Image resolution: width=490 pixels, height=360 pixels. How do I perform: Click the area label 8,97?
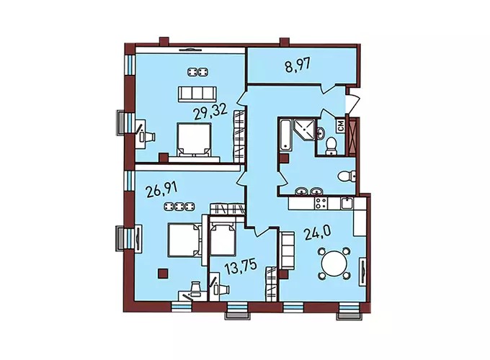pyautogui.click(x=298, y=66)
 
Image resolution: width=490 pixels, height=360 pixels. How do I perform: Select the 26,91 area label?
pyautogui.click(x=162, y=189)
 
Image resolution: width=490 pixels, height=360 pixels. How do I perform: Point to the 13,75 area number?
pyautogui.click(x=241, y=267)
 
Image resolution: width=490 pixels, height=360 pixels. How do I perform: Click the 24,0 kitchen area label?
pyautogui.click(x=318, y=233)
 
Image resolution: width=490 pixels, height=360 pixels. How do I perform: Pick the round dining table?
pyautogui.click(x=334, y=263)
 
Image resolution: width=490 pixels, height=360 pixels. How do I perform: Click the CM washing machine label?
pyautogui.click(x=342, y=126)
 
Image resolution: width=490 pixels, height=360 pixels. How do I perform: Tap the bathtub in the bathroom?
pyautogui.click(x=285, y=134)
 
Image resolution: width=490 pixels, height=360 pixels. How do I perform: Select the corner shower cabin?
pyautogui.click(x=304, y=130)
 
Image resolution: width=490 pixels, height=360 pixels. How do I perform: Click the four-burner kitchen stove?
pyautogui.click(x=321, y=204)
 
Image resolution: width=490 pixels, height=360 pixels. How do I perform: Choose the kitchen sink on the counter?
pyautogui.click(x=347, y=204)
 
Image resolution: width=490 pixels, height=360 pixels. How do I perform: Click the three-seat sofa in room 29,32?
pyautogui.click(x=197, y=94)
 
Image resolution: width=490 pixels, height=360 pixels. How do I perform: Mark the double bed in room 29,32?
pyautogui.click(x=194, y=140)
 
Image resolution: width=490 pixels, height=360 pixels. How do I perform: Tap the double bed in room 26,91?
pyautogui.click(x=184, y=239)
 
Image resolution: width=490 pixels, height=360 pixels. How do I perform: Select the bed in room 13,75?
pyautogui.click(x=222, y=238)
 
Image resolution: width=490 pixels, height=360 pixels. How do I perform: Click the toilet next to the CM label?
pyautogui.click(x=330, y=146)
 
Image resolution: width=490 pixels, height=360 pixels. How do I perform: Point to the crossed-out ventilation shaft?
pyautogui.click(x=352, y=137)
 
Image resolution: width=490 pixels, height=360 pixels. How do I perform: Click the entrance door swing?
pyautogui.click(x=352, y=100)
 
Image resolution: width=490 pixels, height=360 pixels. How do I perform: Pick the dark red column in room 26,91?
pyautogui.click(x=163, y=274)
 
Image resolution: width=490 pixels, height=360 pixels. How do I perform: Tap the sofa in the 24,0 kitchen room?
pyautogui.click(x=288, y=251)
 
